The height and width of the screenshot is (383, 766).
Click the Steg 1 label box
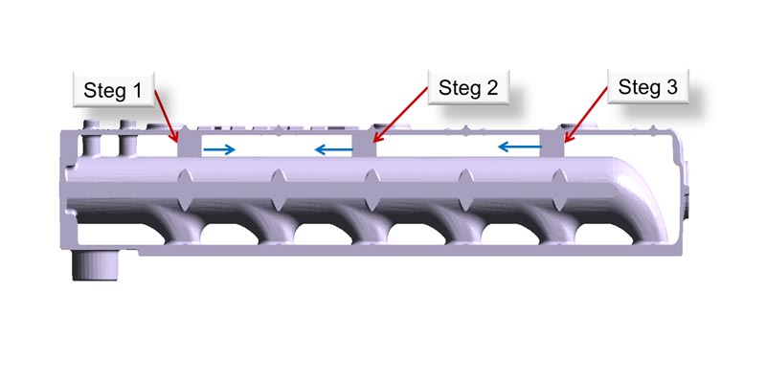[x=114, y=90]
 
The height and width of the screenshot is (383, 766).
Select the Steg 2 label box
[x=468, y=87]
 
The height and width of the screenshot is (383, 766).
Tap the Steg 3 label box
[x=648, y=86]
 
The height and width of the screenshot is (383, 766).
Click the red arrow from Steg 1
[x=166, y=116]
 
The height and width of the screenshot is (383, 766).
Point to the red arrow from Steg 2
[x=400, y=114]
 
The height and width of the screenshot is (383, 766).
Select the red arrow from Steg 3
[x=585, y=114]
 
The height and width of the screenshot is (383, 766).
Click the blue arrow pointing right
[x=219, y=150]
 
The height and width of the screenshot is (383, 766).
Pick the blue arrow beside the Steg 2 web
[x=333, y=149]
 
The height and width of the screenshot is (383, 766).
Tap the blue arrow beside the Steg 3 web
[x=520, y=146]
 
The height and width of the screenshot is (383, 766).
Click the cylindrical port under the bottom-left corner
[x=96, y=265]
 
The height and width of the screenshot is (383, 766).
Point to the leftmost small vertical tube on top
[x=91, y=139]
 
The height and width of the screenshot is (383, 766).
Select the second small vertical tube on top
[x=127, y=139]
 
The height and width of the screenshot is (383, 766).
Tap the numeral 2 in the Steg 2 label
[x=492, y=87]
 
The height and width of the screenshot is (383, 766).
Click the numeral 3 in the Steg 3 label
[x=672, y=87]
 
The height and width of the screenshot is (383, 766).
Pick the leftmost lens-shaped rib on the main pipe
[x=185, y=190]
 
